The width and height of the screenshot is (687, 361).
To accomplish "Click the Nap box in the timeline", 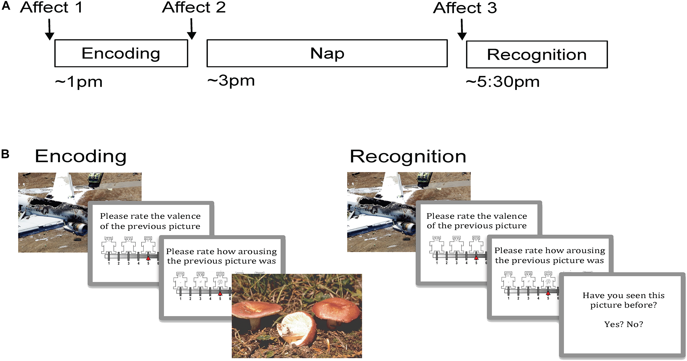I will (327, 53).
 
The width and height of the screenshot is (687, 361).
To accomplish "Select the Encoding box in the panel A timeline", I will (121, 53).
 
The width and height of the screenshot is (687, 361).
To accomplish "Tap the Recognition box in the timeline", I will (537, 54).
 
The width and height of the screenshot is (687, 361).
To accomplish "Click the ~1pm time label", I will (79, 82).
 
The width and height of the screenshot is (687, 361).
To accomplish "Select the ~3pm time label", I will (231, 81).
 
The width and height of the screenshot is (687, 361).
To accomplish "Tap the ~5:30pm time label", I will (503, 82).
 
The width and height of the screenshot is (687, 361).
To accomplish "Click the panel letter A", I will (6, 6).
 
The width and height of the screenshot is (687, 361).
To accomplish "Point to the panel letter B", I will (5, 154).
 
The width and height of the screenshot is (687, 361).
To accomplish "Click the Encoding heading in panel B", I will (81, 156).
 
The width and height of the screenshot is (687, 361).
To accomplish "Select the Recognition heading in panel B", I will (408, 157).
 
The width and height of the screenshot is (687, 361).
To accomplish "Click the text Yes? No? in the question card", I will (624, 324).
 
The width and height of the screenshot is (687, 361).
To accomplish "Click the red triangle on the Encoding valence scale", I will (148, 258).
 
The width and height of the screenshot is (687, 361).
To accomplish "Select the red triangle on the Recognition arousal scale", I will (548, 293).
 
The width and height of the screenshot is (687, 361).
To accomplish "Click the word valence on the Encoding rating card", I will (184, 216).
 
